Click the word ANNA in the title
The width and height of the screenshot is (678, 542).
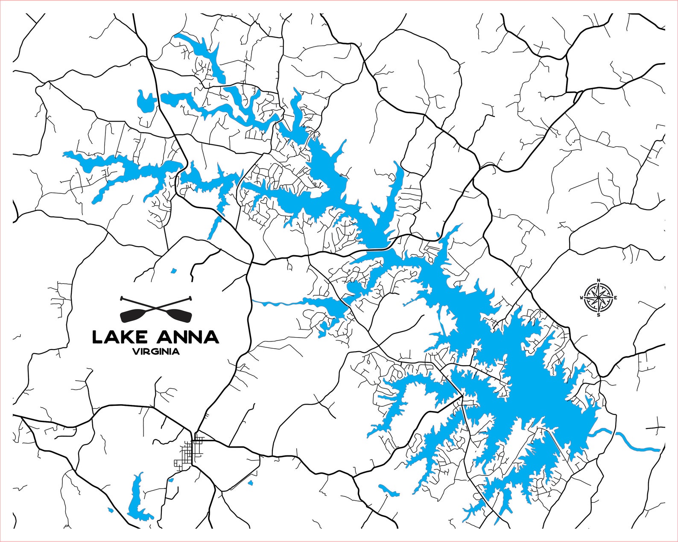tap(188, 337)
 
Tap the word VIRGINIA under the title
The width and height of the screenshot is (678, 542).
tap(156, 352)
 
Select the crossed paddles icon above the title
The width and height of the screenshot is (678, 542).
tap(156, 309)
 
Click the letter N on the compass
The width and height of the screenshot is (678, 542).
tap(599, 280)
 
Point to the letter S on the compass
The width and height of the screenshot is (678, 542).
tap(599, 315)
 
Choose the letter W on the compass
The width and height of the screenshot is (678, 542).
tap(582, 298)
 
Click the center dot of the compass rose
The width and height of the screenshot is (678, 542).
tap(599, 297)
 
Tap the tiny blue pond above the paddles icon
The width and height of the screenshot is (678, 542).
tap(173, 271)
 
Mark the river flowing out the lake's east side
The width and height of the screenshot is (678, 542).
tap(632, 444)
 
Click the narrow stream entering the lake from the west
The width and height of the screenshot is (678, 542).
tap(282, 303)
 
